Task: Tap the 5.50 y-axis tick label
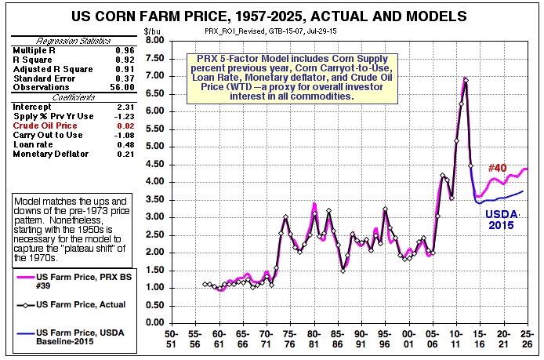tap(154, 129)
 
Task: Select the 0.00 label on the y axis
tap(154, 322)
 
